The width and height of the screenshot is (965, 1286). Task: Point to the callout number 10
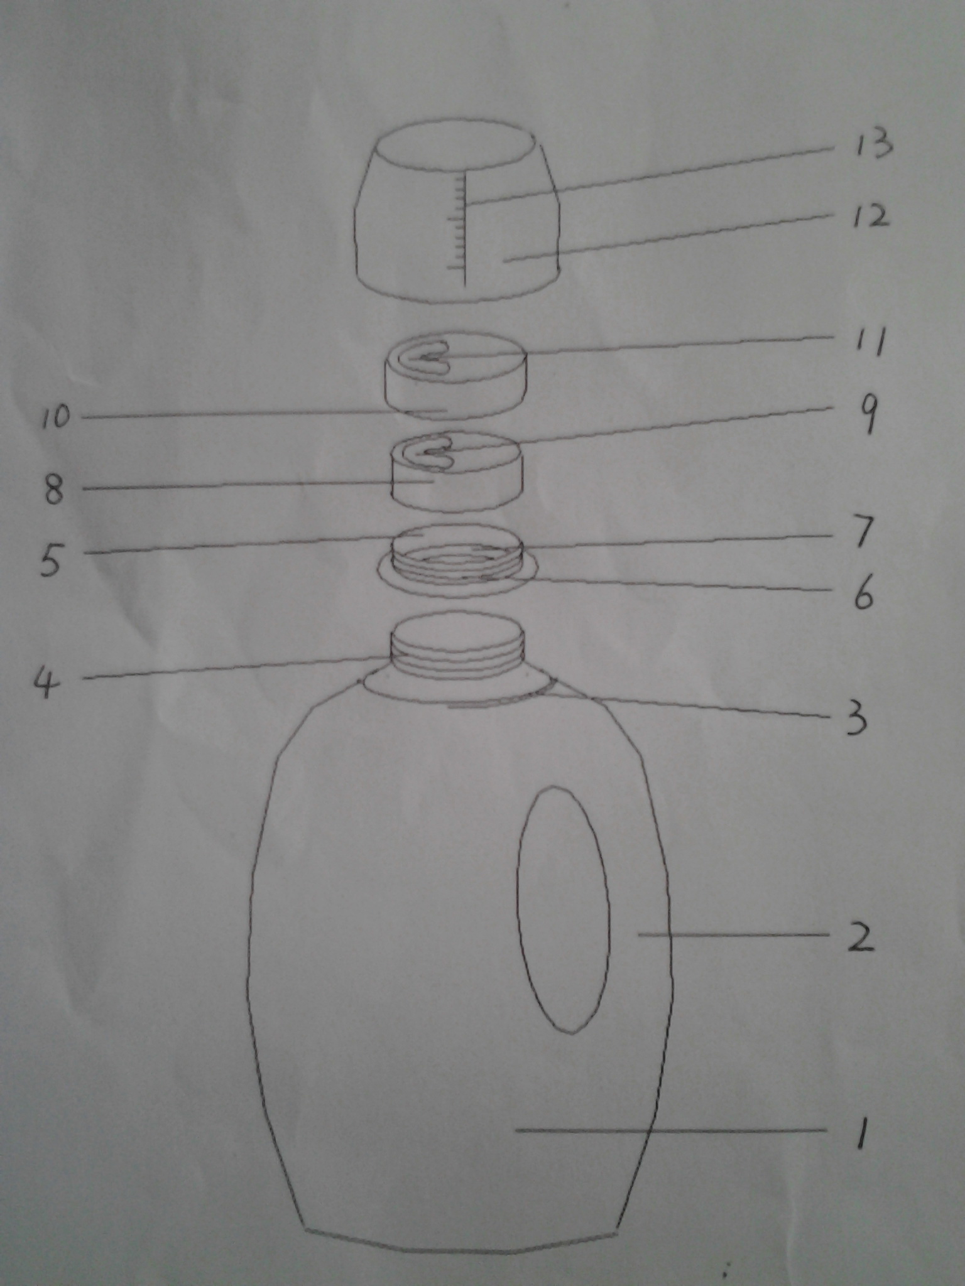[x=57, y=417]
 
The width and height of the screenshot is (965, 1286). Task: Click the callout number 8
[x=54, y=489]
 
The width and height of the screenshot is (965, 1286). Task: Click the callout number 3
[x=855, y=716]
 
